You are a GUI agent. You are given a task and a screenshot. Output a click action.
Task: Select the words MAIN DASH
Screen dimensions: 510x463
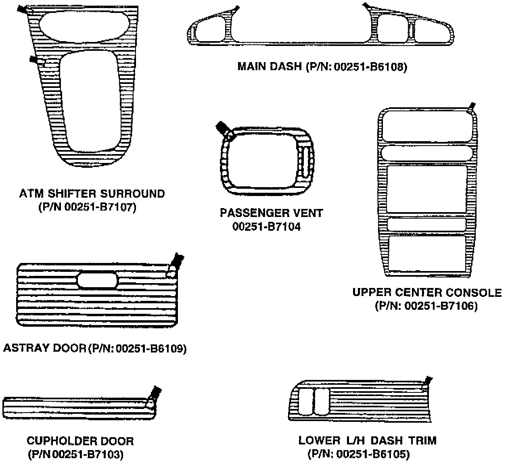point(269,67)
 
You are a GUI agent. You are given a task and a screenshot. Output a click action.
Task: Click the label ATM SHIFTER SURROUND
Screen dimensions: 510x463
point(92,194)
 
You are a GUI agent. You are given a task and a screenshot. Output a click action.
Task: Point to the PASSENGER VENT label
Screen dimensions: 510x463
point(271,213)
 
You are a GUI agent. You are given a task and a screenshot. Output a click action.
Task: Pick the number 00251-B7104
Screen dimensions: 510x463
point(266,227)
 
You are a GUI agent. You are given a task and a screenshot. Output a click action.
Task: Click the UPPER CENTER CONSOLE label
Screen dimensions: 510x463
point(427,292)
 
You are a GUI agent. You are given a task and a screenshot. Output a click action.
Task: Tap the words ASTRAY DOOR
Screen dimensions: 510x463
point(44,348)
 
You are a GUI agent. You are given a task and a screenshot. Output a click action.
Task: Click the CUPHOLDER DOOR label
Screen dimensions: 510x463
point(80,441)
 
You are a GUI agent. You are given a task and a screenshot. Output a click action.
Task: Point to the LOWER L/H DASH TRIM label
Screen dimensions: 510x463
point(367,440)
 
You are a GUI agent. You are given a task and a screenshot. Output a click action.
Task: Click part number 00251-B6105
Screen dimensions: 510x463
point(370,455)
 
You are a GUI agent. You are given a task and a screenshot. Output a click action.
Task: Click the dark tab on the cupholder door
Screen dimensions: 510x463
point(156,391)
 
